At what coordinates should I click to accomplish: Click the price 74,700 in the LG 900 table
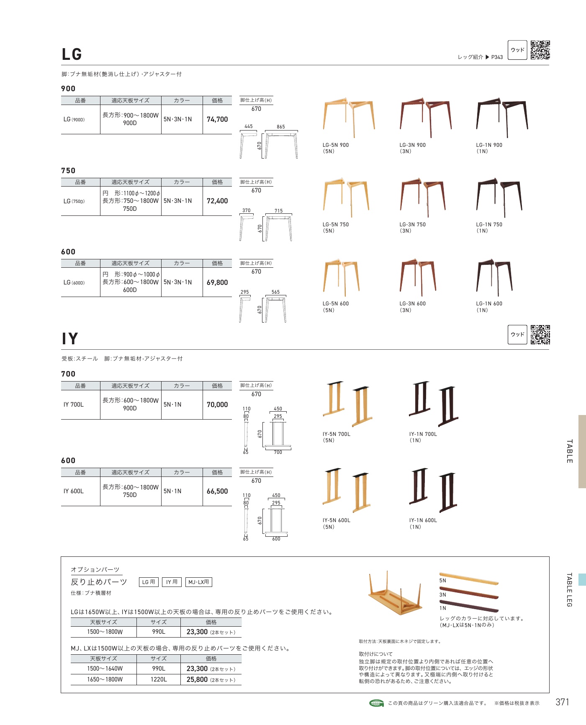[217, 119]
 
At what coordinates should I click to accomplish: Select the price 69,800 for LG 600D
[217, 282]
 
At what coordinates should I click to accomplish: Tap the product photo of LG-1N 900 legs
[502, 118]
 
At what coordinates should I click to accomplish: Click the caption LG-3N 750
[412, 225]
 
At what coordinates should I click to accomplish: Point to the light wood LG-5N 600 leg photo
[341, 277]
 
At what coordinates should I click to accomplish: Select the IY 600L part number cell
[74, 491]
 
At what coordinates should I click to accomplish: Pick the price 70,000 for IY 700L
[217, 405]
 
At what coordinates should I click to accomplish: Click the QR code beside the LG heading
[540, 50]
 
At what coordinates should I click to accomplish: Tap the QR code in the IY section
[540, 335]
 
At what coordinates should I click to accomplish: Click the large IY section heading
[70, 339]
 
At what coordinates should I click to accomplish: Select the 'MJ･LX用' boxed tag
[198, 582]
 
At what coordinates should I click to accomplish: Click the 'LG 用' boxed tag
[149, 582]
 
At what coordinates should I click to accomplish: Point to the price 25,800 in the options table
[197, 680]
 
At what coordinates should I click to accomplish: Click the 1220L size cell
[159, 680]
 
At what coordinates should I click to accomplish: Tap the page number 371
[563, 702]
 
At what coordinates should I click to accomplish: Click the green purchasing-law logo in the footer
[377, 703]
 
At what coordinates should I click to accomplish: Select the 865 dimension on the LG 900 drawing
[281, 127]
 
